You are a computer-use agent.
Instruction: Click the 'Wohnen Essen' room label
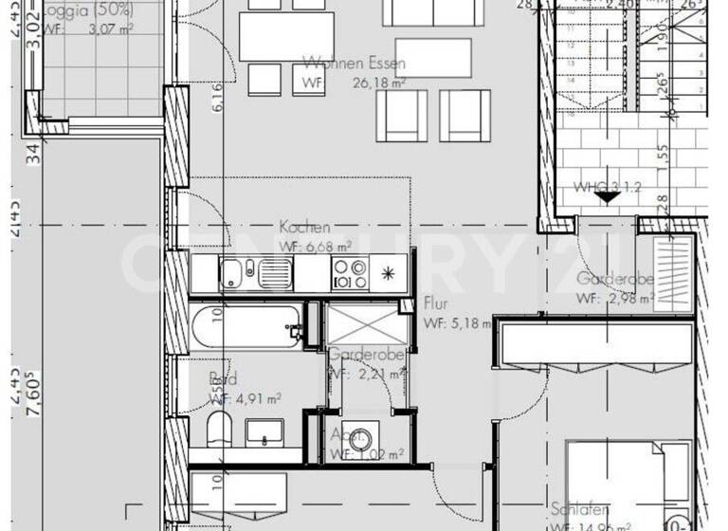point(355,64)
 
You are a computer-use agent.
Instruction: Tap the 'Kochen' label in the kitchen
point(305,228)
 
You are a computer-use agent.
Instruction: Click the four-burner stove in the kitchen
point(348,274)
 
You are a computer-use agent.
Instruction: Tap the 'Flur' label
point(436,305)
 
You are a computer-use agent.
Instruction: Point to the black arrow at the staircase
point(608,195)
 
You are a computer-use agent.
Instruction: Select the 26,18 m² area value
point(379,83)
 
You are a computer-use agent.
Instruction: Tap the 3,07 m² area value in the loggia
point(108,30)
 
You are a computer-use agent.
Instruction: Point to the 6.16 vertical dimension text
point(217,98)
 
